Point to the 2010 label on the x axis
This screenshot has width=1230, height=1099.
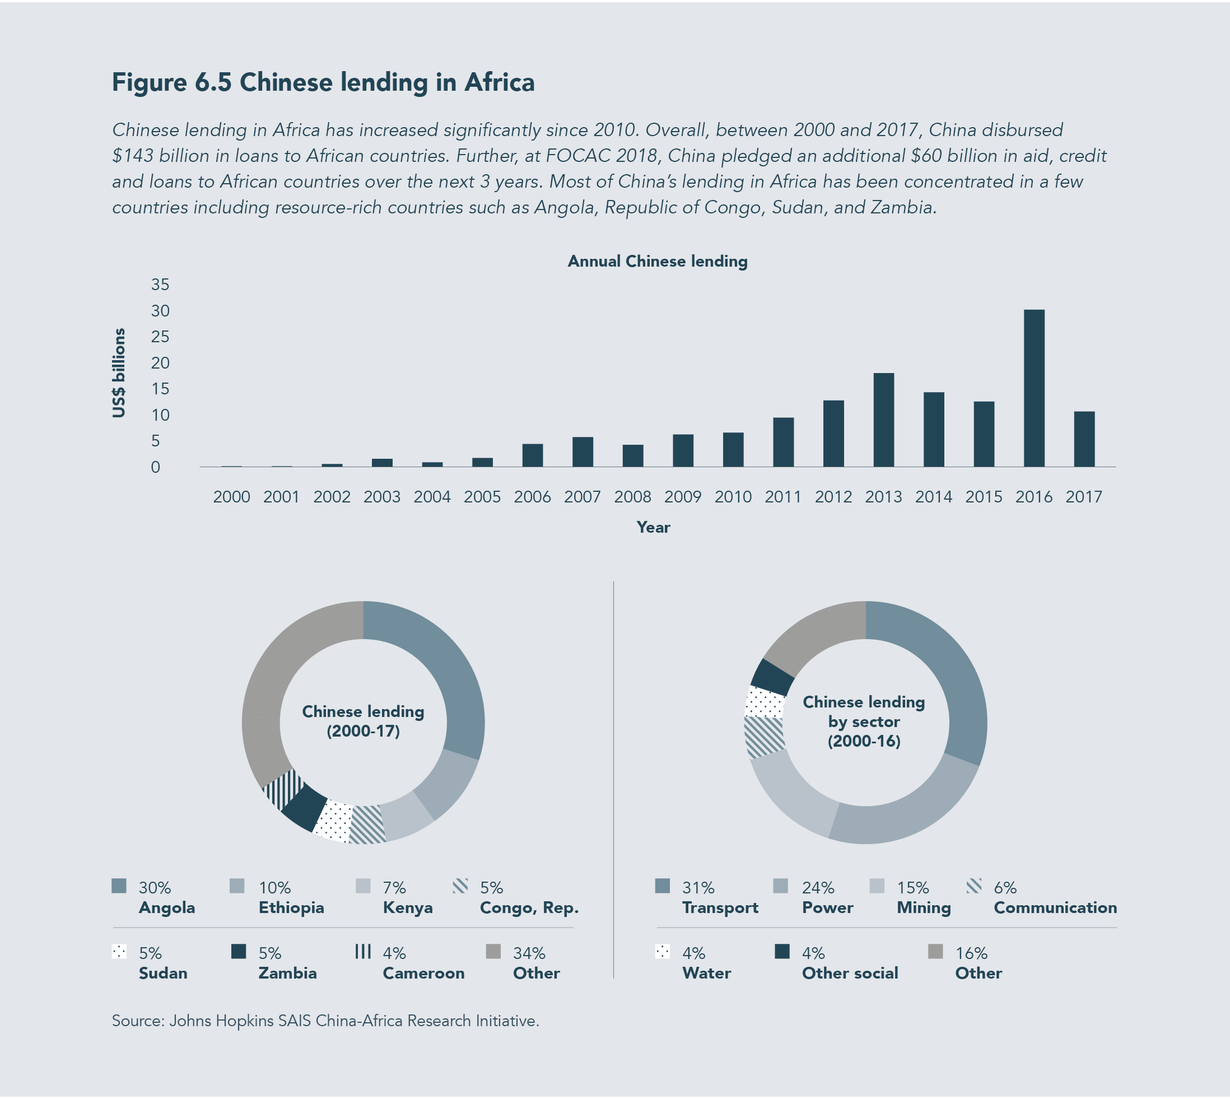[x=733, y=497]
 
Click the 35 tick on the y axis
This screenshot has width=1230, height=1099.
[x=160, y=285]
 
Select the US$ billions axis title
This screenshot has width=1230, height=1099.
[x=119, y=372]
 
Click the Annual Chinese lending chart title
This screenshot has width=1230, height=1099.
[x=657, y=262]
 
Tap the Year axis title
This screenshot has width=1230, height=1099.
[x=653, y=527]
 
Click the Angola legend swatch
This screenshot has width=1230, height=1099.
[x=119, y=886]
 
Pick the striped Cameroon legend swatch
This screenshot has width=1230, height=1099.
[x=362, y=951]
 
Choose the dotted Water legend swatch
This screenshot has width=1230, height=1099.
[x=663, y=952]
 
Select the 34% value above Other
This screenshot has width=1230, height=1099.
[x=529, y=953]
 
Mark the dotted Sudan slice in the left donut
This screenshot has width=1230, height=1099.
[x=333, y=821]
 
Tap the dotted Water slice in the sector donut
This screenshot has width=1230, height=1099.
[x=765, y=702]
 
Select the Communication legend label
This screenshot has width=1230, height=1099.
[x=1055, y=907]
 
